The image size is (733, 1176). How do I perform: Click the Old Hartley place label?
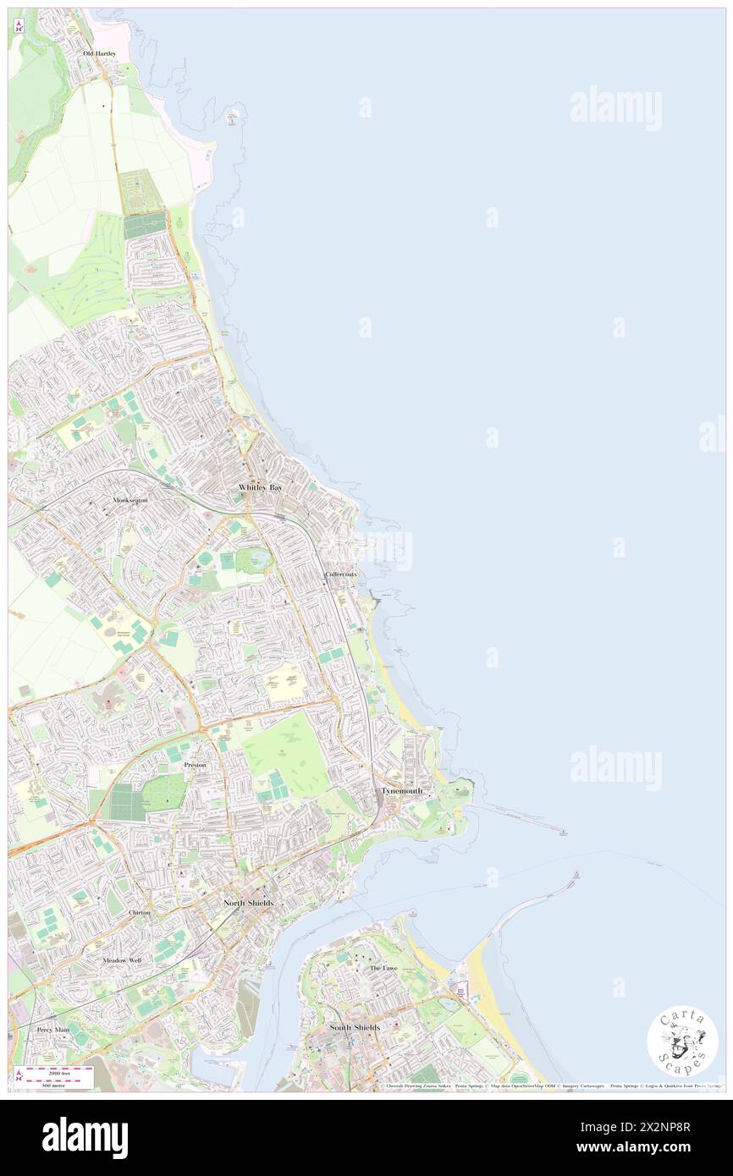point(99,53)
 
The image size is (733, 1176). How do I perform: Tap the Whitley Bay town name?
point(260,489)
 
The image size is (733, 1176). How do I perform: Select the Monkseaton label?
point(130,500)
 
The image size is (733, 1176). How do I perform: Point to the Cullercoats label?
point(340,574)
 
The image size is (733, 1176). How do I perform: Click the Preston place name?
point(195,765)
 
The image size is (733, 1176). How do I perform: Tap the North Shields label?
point(248,904)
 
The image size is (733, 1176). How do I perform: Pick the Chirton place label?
point(140,913)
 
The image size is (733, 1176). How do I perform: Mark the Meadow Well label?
point(122,961)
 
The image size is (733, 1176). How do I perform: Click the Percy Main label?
point(52,1030)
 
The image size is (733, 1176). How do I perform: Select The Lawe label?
point(383,968)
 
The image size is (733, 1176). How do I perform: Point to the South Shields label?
point(355,1027)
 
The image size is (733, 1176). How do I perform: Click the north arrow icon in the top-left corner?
point(19,26)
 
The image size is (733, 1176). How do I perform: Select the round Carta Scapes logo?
point(682,1040)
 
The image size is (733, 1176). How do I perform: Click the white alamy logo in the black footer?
point(85,1138)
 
